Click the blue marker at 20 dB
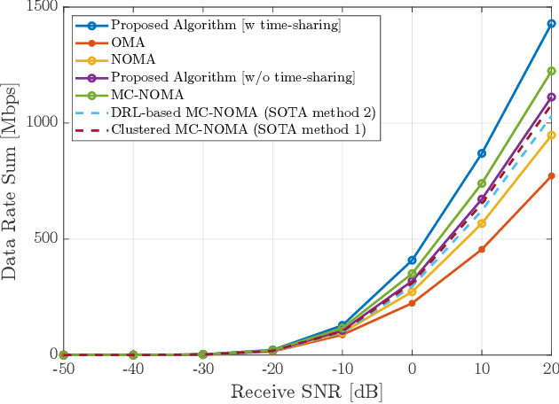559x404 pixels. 551,24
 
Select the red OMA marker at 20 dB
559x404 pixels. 551,175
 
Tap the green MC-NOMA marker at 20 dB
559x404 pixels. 551,71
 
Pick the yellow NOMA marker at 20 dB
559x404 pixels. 551,135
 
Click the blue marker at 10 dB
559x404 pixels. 482,153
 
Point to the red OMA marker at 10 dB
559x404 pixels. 482,249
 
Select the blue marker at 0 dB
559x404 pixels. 412,260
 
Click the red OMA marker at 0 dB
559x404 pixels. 412,303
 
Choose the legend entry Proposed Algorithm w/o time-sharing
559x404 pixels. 232,78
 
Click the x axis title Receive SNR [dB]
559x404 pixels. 307,391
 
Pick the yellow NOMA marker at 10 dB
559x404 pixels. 482,223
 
